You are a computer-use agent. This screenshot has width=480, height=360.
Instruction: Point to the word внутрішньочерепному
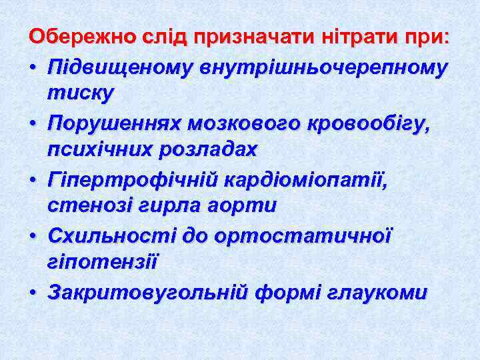(319, 67)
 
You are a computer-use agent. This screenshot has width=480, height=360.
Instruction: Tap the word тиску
(80, 93)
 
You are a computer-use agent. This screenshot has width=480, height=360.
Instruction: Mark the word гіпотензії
(102, 262)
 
